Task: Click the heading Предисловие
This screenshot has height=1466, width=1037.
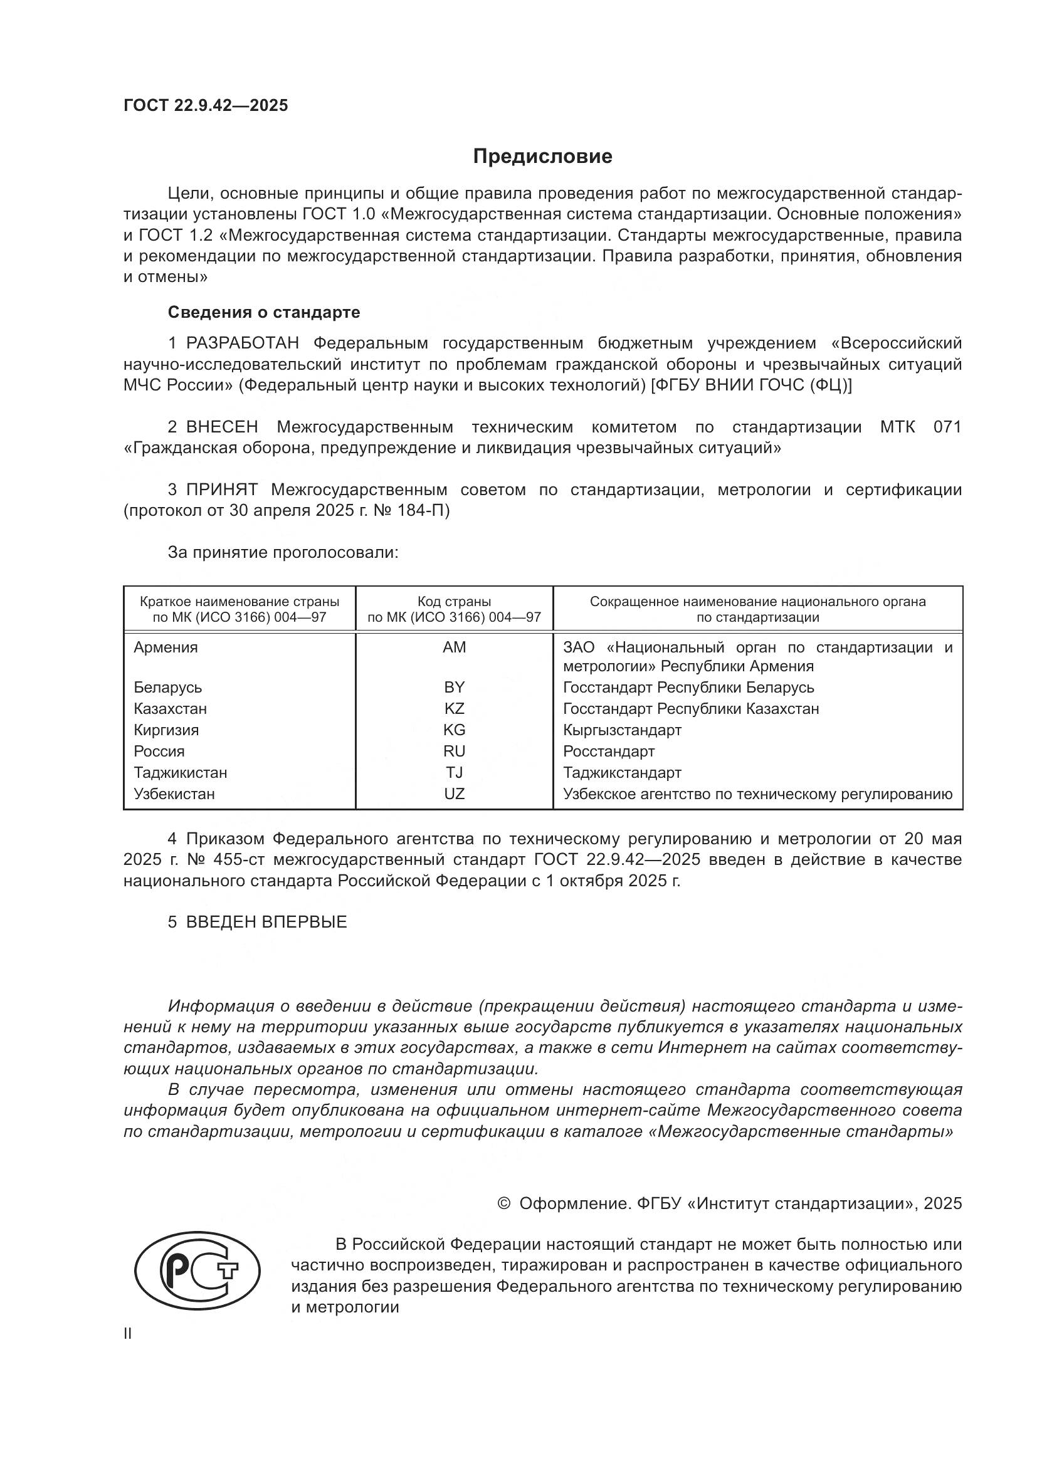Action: click(542, 157)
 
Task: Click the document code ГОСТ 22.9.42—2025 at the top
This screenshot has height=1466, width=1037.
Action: click(206, 105)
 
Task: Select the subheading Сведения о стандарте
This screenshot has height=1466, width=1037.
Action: click(264, 312)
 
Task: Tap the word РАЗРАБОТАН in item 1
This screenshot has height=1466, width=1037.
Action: click(242, 343)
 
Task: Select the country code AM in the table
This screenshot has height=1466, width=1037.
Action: click(454, 647)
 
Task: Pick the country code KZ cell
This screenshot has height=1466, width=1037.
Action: click(454, 709)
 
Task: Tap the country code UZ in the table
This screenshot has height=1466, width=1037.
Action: click(454, 793)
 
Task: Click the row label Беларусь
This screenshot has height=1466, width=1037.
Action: click(167, 688)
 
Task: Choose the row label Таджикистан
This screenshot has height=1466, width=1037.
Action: click(180, 773)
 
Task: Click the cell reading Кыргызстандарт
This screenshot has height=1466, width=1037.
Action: click(622, 730)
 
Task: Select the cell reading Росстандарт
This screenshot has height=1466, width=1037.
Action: click(609, 751)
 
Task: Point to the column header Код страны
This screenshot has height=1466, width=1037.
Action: click(454, 602)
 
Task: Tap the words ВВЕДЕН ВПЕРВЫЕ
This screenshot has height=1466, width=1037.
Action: click(266, 922)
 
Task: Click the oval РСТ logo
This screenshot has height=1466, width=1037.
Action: click(197, 1270)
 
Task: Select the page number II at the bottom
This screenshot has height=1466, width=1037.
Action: click(128, 1334)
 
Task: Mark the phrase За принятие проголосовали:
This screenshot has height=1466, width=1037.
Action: click(283, 552)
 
